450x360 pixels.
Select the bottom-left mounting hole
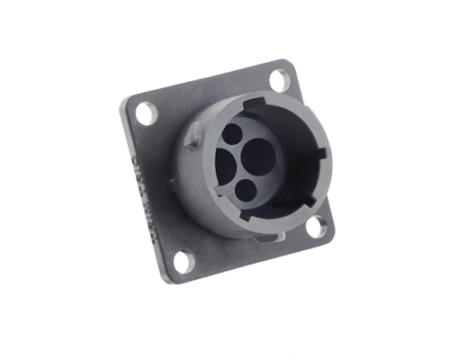(182, 262)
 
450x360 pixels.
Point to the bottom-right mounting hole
(316, 227)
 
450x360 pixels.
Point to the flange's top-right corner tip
(285, 60)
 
